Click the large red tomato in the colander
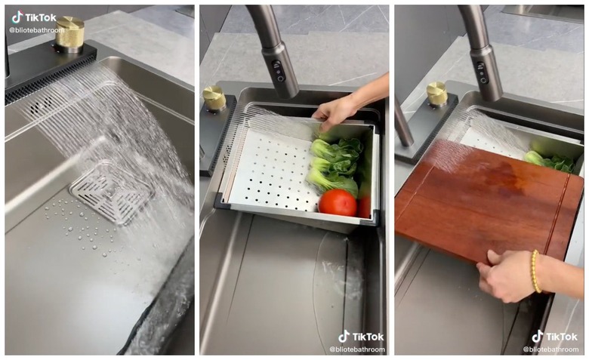point(338,202)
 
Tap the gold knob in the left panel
point(70,34)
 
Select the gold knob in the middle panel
point(214,97)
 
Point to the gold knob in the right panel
point(436,94)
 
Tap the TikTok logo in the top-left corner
point(34,17)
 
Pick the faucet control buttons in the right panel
point(480,72)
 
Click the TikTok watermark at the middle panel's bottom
point(361,336)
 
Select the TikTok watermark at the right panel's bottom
point(555,336)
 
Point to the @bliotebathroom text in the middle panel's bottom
point(357,349)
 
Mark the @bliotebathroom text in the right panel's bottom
point(550,349)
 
